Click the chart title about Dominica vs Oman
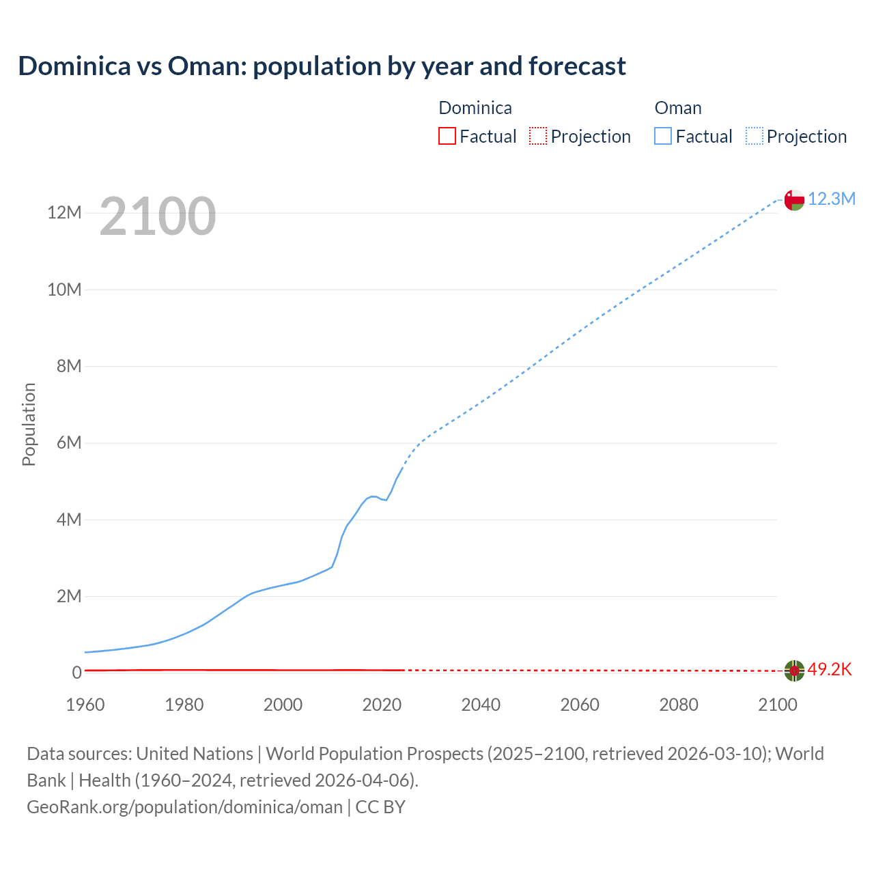click(322, 66)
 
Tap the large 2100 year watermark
click(158, 216)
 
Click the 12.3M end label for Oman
click(831, 199)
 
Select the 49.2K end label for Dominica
click(830, 669)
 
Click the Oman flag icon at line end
click(794, 200)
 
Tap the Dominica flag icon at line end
click(794, 671)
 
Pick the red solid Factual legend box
click(447, 136)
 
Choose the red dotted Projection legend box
click(538, 136)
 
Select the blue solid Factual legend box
click(663, 136)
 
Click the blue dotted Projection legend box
click(755, 136)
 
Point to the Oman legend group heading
click(678, 108)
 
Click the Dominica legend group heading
click(475, 108)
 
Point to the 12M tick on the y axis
click(64, 212)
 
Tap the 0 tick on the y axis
click(77, 673)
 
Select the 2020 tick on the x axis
click(382, 705)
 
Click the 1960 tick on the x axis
click(85, 705)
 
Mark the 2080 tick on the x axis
click(679, 705)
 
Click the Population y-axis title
click(29, 425)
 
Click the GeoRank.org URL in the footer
click(184, 807)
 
